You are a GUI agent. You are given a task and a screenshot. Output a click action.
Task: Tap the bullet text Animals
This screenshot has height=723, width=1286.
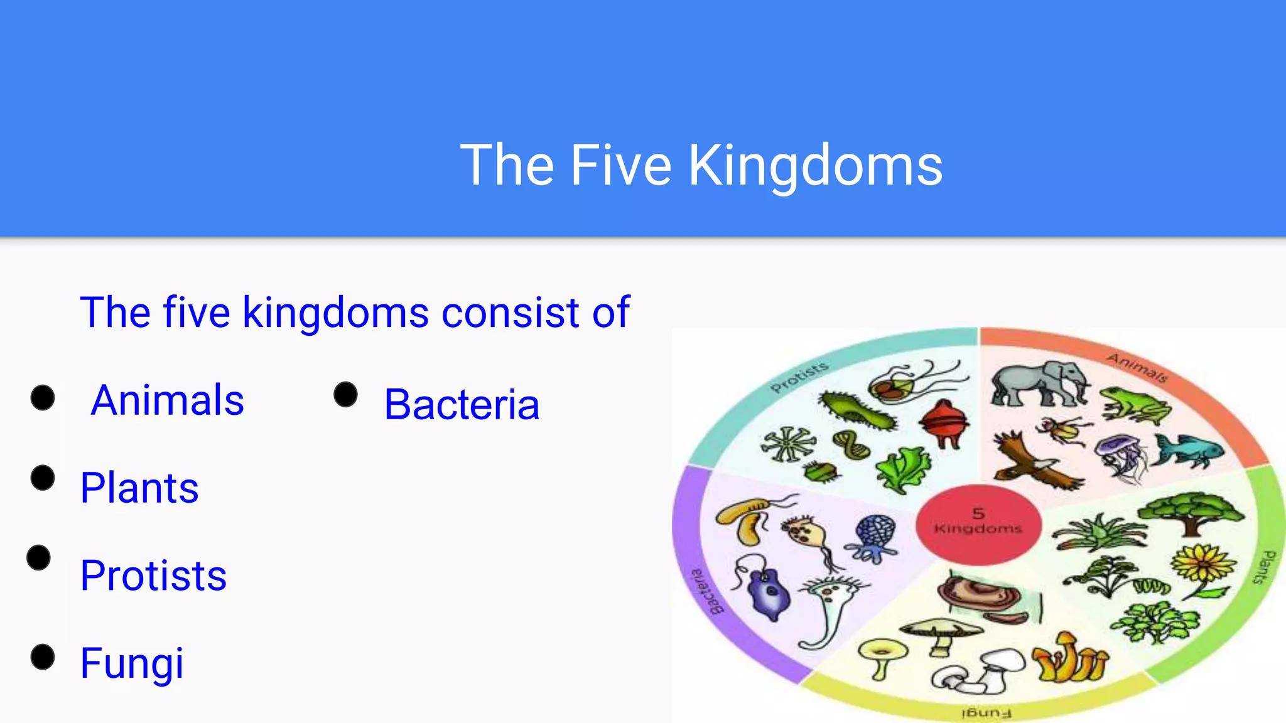[167, 400]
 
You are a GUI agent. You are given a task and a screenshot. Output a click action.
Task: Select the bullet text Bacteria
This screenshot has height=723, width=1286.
[462, 404]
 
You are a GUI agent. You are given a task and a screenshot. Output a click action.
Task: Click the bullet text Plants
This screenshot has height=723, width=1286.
[139, 488]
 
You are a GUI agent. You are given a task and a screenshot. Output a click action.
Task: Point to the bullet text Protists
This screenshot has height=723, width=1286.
[153, 576]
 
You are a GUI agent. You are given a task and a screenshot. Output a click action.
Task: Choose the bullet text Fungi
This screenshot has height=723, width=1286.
[132, 663]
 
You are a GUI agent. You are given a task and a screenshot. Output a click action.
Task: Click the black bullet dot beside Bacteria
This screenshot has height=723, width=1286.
[345, 395]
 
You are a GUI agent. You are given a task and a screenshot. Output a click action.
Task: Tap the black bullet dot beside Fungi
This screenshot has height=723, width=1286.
[43, 657]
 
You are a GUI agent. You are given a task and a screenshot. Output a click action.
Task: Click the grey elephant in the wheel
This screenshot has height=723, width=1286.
[1039, 383]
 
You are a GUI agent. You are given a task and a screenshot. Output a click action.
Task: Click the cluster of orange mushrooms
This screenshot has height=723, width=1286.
[1071, 659]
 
